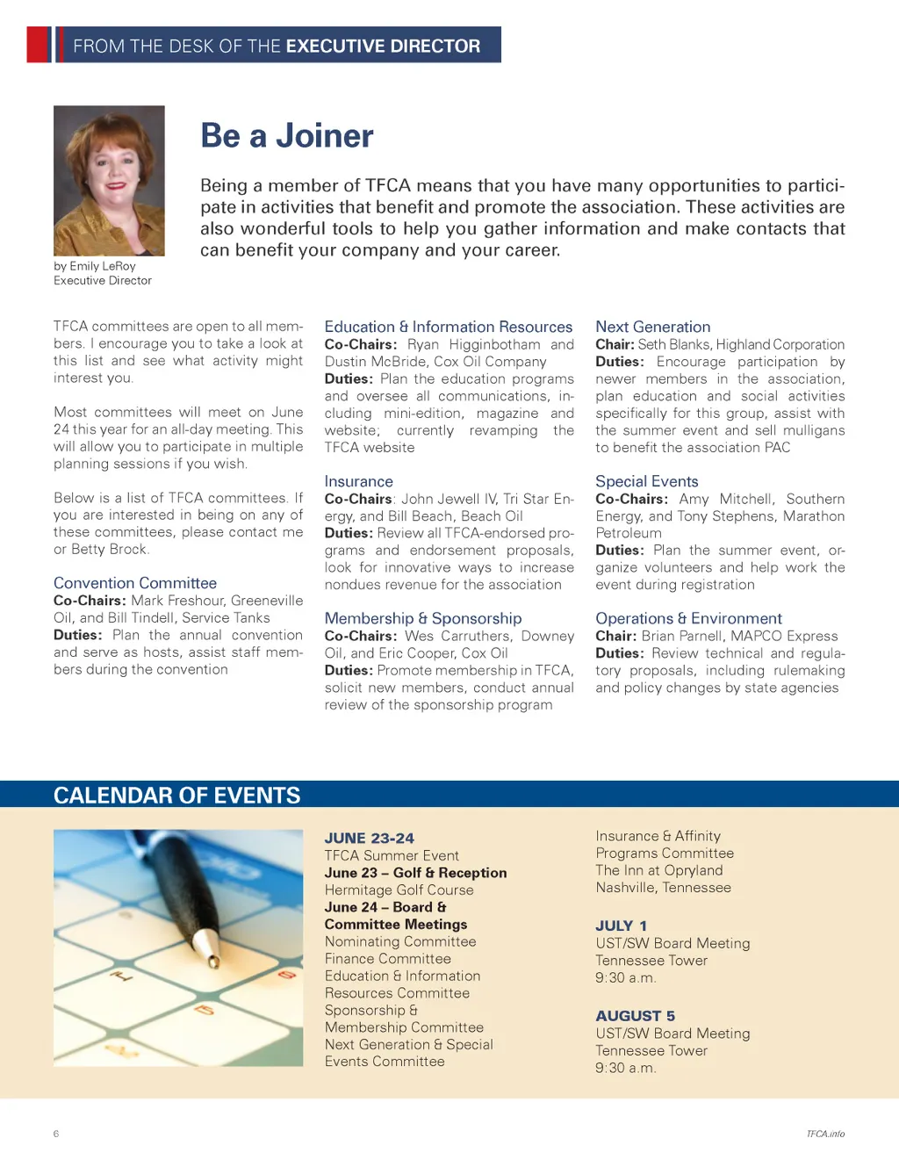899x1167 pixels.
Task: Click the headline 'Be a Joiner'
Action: (287, 136)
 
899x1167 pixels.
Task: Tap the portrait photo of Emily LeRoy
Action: (109, 180)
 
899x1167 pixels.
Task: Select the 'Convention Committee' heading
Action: (135, 583)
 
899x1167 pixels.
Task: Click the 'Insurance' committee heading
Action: (358, 481)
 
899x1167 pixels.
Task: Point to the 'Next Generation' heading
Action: (652, 327)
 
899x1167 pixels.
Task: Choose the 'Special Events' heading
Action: (646, 481)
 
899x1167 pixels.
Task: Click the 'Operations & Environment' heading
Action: (688, 618)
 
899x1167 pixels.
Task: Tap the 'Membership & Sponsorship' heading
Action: (422, 618)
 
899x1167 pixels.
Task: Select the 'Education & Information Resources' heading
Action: (448, 327)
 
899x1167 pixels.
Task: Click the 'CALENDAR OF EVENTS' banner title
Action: (176, 796)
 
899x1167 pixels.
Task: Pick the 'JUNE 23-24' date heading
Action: (369, 838)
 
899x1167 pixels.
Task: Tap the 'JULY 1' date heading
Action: (621, 926)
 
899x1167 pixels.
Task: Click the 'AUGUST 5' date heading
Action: (635, 1016)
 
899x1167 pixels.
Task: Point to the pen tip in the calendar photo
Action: (212, 961)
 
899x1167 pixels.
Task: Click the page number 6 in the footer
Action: (56, 1134)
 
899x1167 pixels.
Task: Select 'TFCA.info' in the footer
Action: (825, 1134)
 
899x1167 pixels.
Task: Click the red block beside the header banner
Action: (39, 45)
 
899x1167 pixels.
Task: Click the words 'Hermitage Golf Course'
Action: (399, 890)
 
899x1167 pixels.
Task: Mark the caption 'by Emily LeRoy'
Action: (95, 266)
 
